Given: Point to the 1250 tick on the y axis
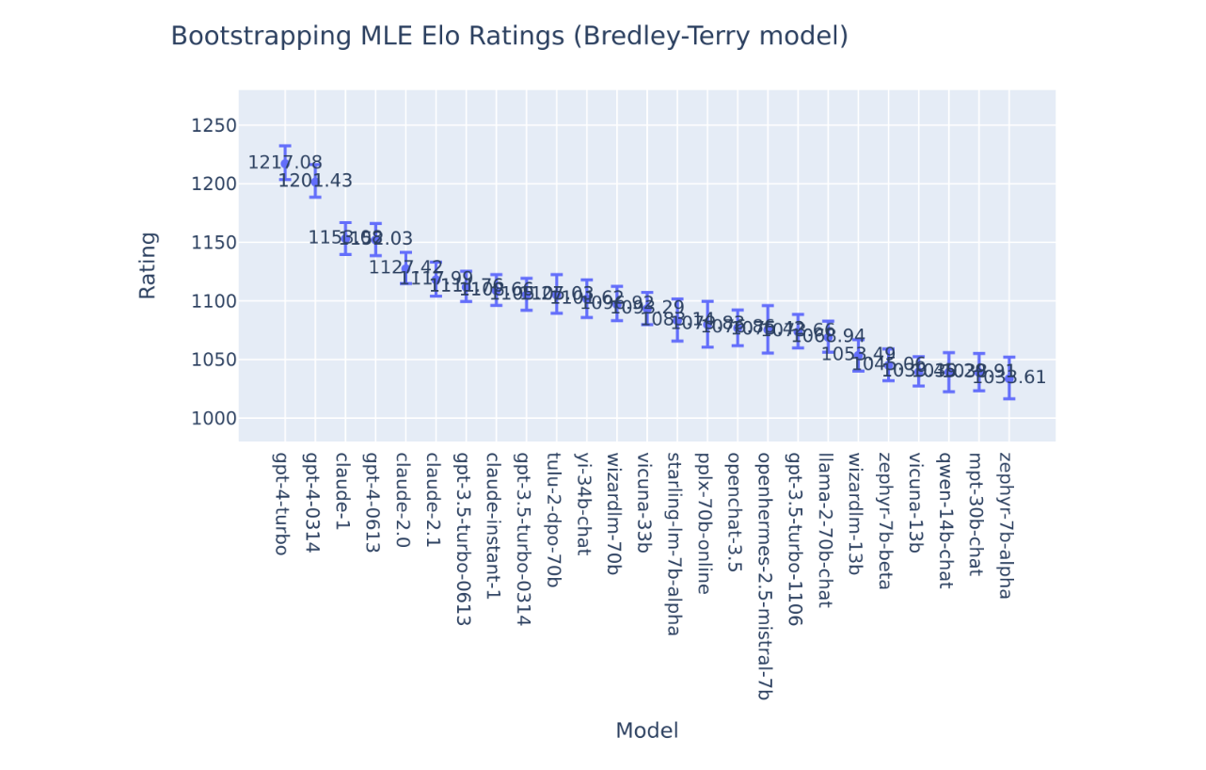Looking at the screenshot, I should point(214,126).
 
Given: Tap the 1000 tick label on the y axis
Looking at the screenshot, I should point(214,419).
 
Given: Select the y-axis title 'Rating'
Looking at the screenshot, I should point(148,265).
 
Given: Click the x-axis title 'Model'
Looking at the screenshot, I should point(646,731).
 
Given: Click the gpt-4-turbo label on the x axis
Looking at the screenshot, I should point(281,504).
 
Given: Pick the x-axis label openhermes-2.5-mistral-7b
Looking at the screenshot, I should point(764,576).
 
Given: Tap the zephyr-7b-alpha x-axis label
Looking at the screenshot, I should point(1006,525).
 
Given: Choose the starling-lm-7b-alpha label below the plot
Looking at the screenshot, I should point(674,544).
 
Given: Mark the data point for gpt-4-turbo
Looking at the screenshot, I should point(285,163).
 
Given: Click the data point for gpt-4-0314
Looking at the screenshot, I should point(315,181).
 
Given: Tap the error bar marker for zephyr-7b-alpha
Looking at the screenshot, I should point(1008,377).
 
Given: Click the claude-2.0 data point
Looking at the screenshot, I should point(405,267).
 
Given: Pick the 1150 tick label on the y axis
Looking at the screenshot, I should point(214,243).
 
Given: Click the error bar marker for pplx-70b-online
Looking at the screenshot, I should point(707,324).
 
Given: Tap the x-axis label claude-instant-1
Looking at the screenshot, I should point(492,525).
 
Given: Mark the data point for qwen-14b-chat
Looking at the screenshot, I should point(948,372).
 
